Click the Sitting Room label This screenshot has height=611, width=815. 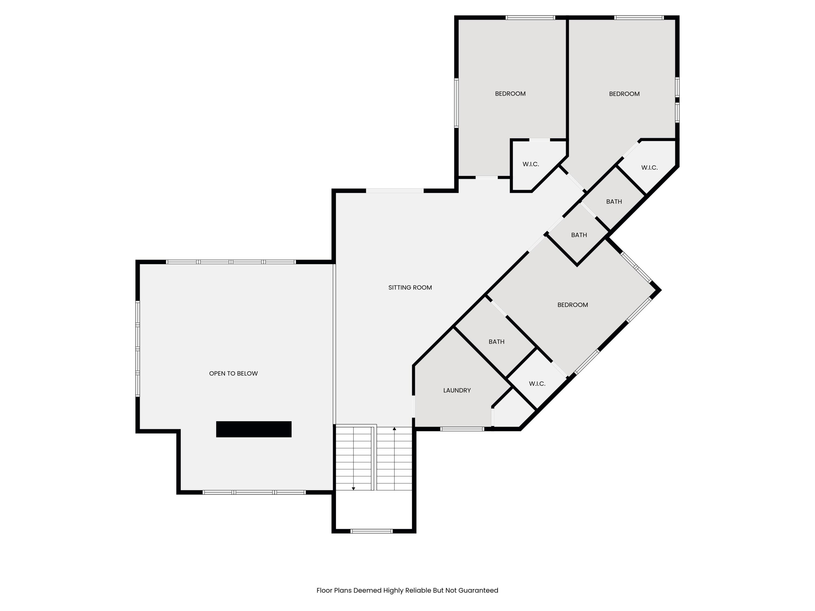pos(410,288)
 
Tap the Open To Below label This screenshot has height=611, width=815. pos(233,373)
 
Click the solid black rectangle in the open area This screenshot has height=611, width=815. pos(253,429)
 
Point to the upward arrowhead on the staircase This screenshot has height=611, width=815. pos(394,429)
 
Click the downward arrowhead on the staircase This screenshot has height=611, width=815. pos(353,489)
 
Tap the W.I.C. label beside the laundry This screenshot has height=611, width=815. pos(537,384)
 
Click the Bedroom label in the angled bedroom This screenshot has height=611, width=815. pos(573,305)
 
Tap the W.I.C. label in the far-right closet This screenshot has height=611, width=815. pos(649,168)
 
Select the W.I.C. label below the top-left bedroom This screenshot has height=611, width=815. pos(531,164)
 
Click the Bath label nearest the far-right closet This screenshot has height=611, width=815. pos(614,201)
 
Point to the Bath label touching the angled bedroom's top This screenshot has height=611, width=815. pos(579,235)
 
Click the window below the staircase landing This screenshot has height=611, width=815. pos(371,531)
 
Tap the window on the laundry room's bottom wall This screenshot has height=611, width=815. pos(462,429)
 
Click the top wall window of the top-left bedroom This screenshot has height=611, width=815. pos(530,18)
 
